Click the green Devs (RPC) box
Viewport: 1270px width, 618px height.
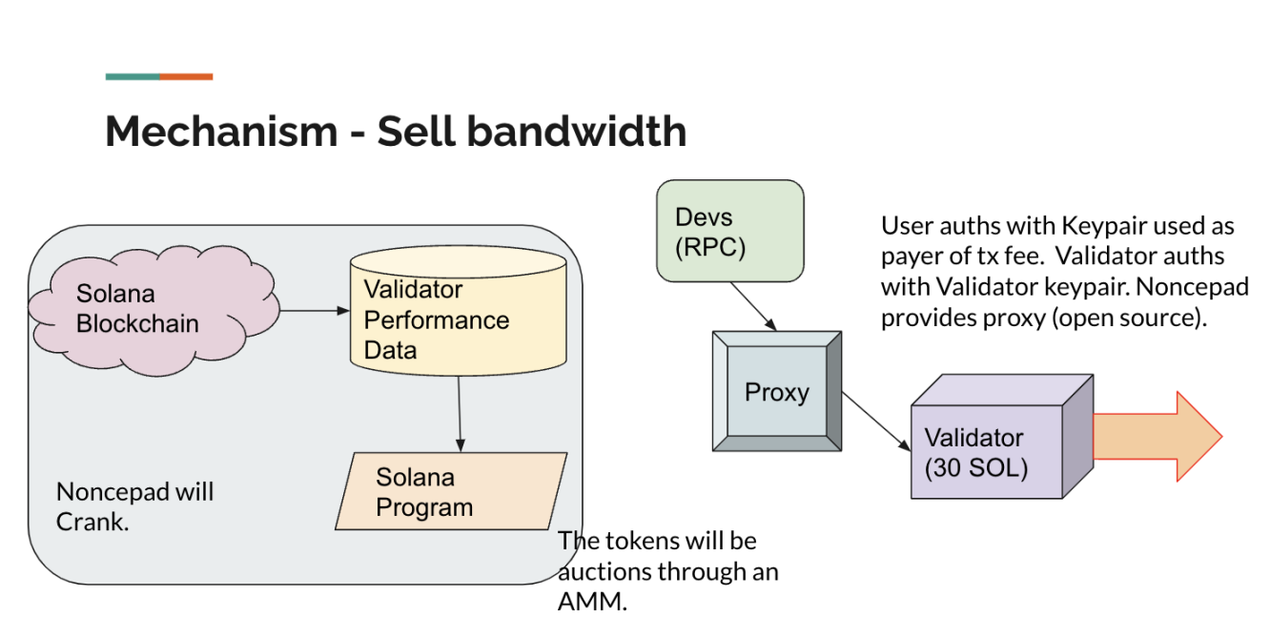[729, 231]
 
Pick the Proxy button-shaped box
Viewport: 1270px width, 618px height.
[777, 392]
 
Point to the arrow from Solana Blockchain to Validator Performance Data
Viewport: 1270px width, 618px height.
[315, 310]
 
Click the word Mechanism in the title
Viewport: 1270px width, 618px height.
[220, 132]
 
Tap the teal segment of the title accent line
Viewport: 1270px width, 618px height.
[133, 76]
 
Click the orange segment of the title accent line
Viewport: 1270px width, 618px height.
[186, 76]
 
